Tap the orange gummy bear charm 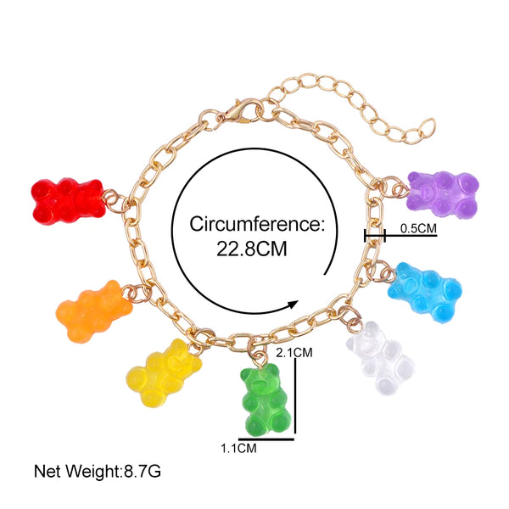(94, 311)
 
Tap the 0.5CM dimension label (417, 227)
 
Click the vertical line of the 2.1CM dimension (294, 399)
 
